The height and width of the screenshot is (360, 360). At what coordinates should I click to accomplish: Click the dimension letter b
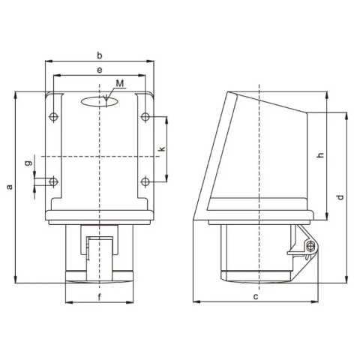(x=100, y=55)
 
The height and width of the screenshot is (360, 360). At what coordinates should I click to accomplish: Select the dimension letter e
(x=100, y=70)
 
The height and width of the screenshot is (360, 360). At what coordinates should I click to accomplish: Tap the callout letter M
(x=120, y=83)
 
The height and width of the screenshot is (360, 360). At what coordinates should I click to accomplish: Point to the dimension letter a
(x=10, y=187)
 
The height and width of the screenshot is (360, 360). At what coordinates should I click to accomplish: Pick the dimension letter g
(x=29, y=163)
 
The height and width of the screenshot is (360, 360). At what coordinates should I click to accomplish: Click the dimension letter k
(x=162, y=149)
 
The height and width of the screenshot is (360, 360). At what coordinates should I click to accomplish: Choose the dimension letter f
(x=100, y=297)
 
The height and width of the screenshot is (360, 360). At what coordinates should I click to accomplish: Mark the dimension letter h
(x=320, y=155)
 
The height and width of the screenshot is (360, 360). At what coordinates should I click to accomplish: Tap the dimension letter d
(x=340, y=197)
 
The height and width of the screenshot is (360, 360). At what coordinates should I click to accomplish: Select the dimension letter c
(x=256, y=297)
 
